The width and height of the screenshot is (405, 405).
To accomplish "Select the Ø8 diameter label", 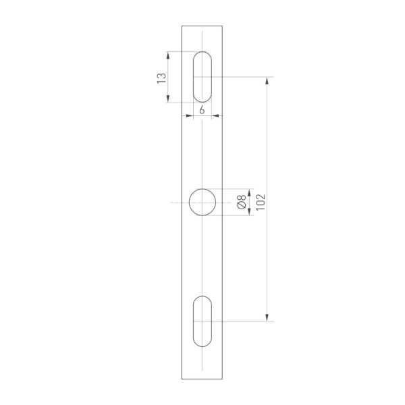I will pos(241,202).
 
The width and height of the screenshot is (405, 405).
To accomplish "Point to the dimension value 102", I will pos(261,202).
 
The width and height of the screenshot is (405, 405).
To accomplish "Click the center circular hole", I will pos(202,202).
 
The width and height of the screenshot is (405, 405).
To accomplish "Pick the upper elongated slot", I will pos(202,77).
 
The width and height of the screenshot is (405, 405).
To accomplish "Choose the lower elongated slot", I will pos(202,321).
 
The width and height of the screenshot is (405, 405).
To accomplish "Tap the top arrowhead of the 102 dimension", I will pos(268,80).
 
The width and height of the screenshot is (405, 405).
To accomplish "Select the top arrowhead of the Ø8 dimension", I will pos(250,192).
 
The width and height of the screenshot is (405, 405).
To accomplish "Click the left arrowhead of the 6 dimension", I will pos(190,115).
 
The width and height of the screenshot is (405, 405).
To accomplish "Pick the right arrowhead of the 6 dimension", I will pos(215,115).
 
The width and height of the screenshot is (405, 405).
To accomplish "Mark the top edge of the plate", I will pos(202,26).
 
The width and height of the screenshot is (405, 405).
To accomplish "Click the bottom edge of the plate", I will pos(202,379).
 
